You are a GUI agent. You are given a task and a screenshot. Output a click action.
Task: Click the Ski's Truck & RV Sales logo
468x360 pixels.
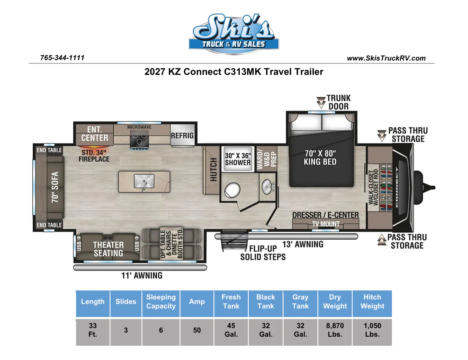point(234,34)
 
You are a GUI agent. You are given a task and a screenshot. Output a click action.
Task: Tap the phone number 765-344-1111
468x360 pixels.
point(62,58)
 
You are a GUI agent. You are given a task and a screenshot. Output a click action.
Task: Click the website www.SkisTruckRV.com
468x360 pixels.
point(386,58)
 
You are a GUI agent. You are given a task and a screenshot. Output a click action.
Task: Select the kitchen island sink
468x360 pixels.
point(144,181)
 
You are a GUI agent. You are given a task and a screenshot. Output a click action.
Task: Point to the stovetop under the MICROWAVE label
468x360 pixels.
point(139,139)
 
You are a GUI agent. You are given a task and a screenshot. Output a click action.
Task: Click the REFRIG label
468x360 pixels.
point(182,135)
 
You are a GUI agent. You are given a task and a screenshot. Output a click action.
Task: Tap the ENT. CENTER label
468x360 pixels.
point(94,133)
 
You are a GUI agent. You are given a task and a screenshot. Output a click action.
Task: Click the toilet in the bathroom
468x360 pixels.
point(232,191)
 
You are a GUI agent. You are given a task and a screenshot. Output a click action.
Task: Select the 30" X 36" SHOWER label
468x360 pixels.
point(238,159)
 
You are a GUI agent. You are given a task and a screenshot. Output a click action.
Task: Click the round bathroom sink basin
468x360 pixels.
point(267,187)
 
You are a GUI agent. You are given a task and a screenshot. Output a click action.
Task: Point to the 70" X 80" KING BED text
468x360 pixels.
point(320,157)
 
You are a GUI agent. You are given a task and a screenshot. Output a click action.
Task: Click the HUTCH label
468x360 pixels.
point(213,169)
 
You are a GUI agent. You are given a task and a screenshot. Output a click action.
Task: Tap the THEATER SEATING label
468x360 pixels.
point(108,249)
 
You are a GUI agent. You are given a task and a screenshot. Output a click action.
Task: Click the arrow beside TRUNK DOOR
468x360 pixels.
point(321,102)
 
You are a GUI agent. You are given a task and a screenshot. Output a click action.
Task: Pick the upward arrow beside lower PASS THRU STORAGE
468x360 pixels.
point(382,240)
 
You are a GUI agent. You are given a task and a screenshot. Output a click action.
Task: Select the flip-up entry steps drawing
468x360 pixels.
point(234,240)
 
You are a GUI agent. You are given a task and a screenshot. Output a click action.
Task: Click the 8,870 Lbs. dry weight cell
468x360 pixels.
point(335,330)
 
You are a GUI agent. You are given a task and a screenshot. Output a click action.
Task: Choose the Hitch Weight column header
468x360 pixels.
point(372,301)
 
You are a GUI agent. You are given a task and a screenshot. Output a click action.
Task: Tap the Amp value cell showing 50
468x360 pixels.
point(197,330)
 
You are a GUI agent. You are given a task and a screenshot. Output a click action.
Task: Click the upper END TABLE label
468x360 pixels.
point(49,150)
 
